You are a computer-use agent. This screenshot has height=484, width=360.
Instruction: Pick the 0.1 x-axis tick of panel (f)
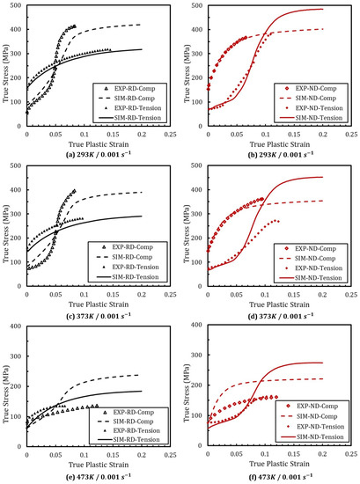265,455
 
